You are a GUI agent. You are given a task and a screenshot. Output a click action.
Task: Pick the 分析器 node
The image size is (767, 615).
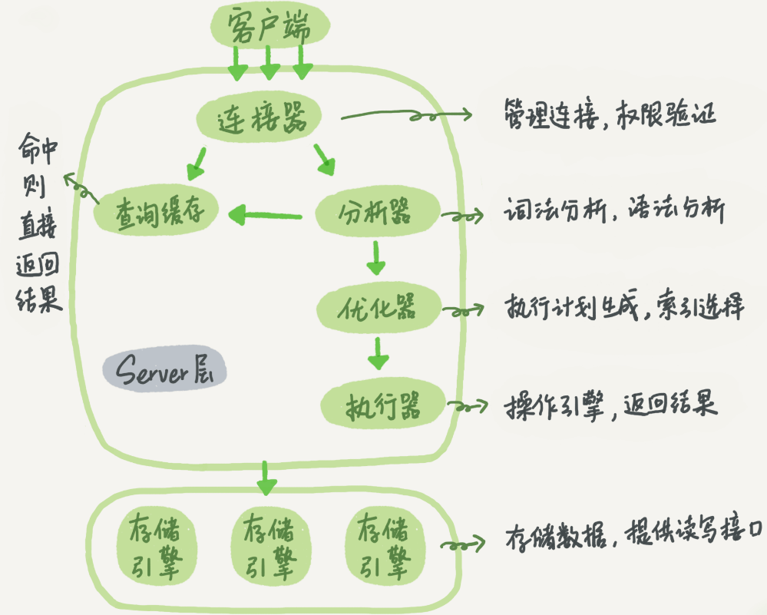376,211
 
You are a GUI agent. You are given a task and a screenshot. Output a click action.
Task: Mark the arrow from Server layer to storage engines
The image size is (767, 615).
266,478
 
